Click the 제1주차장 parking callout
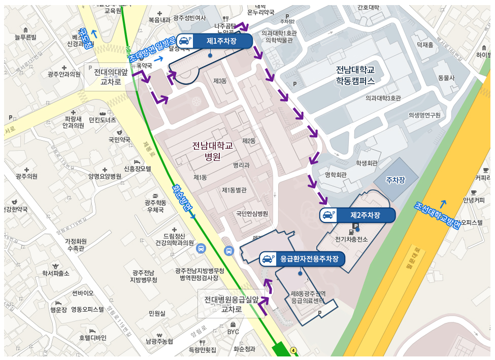[213, 41]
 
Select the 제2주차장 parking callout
[357, 215]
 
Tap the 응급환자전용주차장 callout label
[302, 259]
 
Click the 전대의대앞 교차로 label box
[110, 77]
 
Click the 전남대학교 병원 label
[212, 151]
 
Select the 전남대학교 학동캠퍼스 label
[355, 75]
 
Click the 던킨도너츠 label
[102, 120]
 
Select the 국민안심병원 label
[252, 214]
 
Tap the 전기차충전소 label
[351, 239]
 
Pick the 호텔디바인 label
[93, 338]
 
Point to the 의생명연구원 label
[424, 115]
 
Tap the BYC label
[233, 332]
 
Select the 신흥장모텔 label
[138, 169]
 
